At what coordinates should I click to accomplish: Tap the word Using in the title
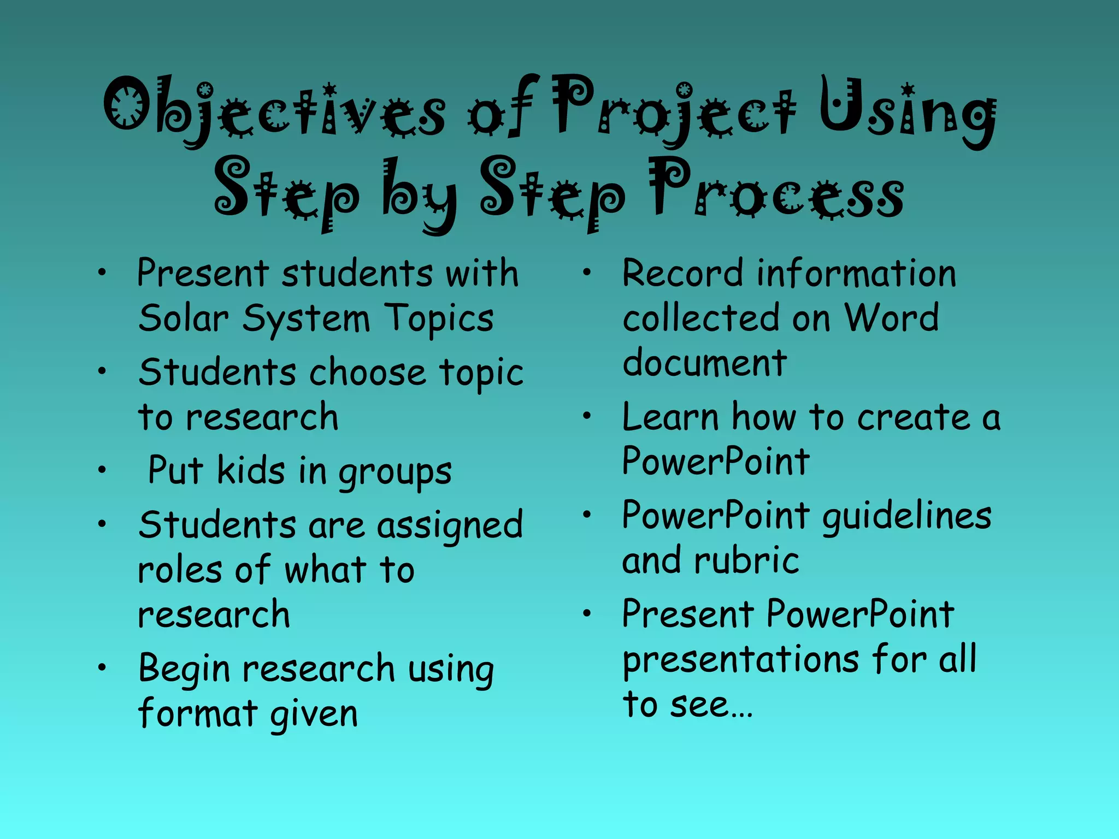pos(907,112)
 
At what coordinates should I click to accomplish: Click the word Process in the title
pos(776,191)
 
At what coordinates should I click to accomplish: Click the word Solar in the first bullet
pos(183,318)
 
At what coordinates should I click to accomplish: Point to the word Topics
pos(439,319)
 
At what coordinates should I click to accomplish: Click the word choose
pos(367,373)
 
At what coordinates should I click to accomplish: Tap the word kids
pos(251,470)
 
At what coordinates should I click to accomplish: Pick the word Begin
pos(184,670)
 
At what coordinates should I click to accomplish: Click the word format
pos(197,713)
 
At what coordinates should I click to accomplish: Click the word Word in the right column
pos(892,318)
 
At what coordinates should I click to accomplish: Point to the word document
pos(705,363)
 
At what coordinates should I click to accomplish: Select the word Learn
pos(670,418)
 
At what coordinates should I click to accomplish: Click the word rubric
pos(746,561)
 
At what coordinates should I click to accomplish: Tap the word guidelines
pos(907,517)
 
